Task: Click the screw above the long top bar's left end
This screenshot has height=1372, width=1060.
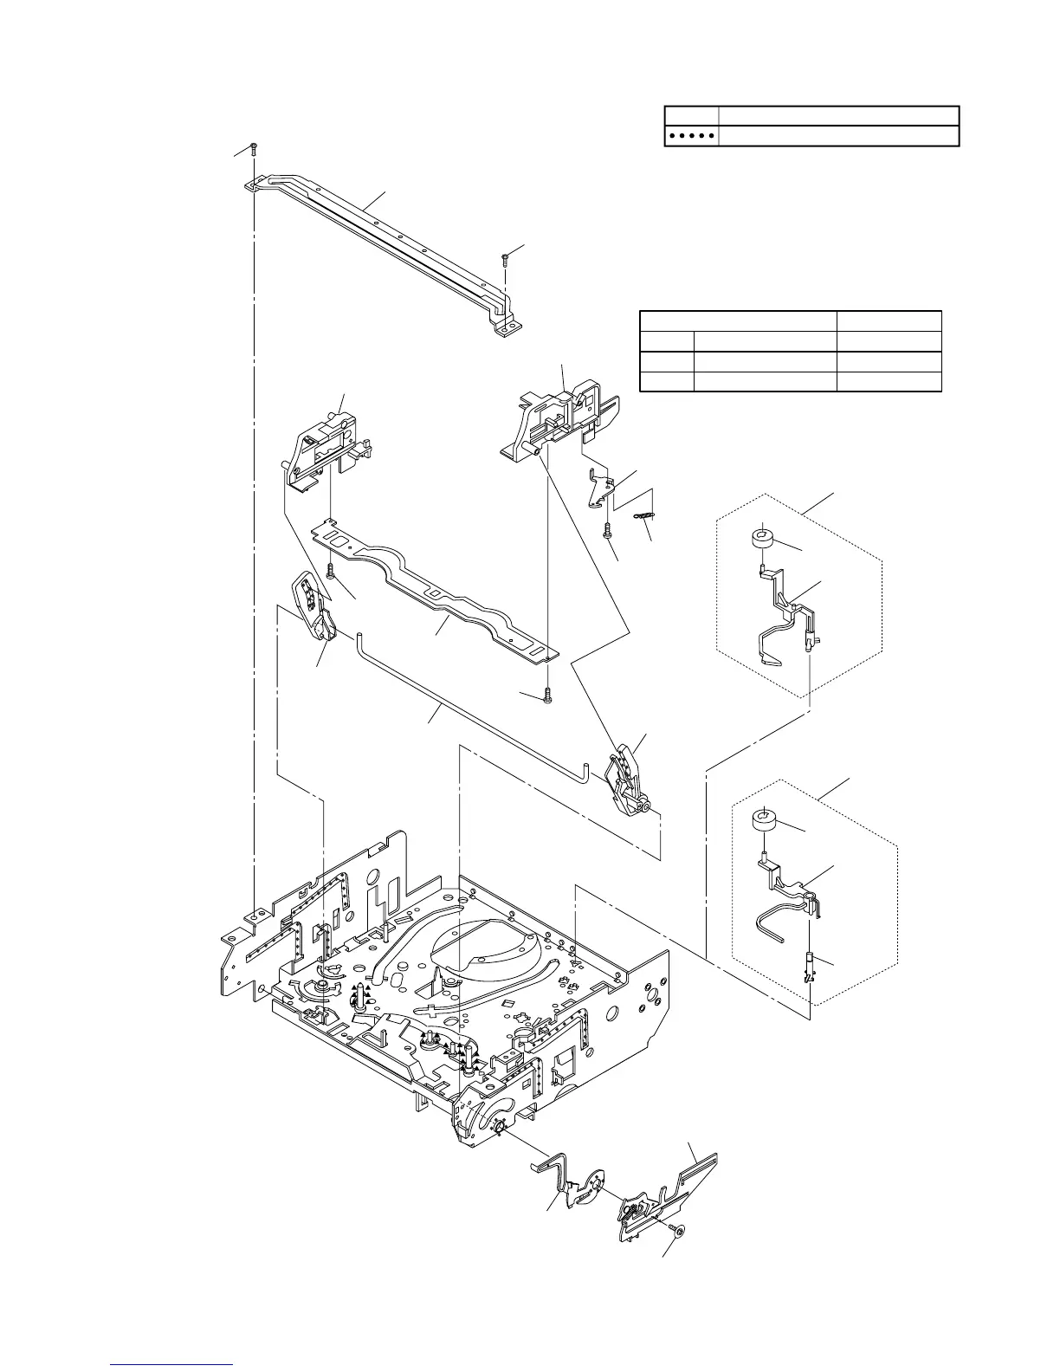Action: click(252, 148)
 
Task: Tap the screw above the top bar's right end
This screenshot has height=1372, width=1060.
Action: click(504, 258)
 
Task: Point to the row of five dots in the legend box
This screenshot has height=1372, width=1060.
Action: click(691, 136)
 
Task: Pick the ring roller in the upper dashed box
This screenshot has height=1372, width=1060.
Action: click(762, 539)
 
